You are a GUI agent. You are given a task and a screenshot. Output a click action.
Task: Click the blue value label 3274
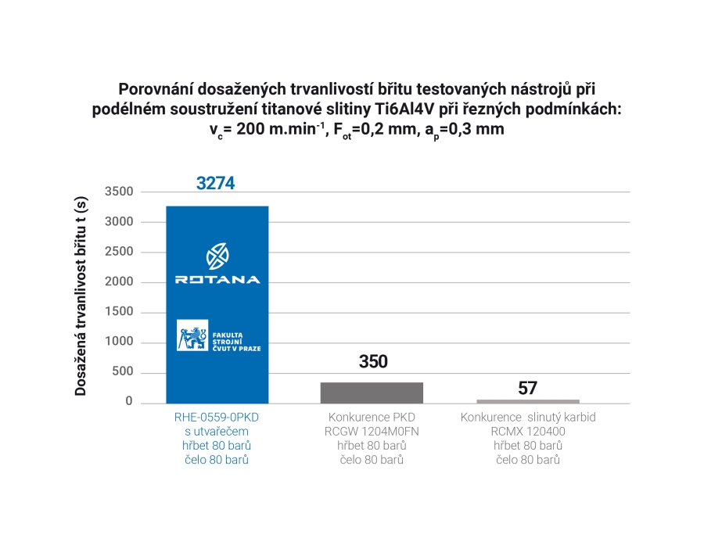[x=216, y=184]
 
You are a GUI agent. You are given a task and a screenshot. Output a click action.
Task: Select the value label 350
[x=373, y=362]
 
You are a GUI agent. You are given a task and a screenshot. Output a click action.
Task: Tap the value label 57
[x=528, y=389]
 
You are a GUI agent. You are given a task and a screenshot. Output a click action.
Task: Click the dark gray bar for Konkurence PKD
[x=372, y=393]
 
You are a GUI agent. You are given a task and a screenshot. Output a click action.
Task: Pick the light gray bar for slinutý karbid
[x=528, y=401]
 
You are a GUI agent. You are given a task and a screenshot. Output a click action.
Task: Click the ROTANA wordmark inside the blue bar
[x=217, y=279]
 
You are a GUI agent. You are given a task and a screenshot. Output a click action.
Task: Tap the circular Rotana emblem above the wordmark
[x=217, y=256]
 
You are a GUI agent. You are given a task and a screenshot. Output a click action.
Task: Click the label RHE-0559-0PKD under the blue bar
[x=217, y=418]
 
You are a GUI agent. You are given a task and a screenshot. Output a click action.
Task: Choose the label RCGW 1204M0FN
[x=372, y=432]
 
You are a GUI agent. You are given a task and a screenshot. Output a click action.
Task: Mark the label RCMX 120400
[x=528, y=432]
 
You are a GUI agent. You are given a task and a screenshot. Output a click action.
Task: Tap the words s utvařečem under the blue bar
[x=217, y=432]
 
